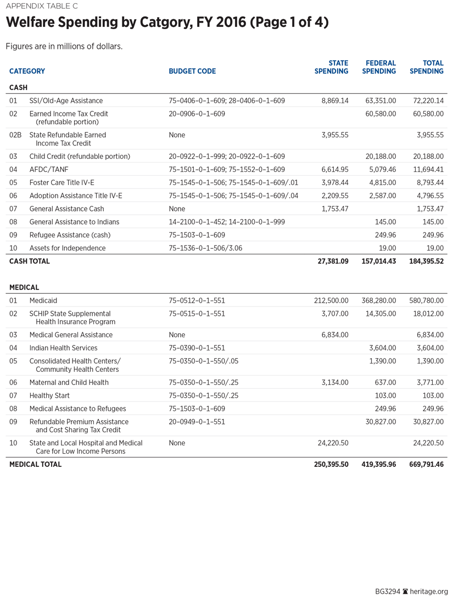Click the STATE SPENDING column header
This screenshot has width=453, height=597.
[331, 67]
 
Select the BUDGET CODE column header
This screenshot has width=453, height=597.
[192, 71]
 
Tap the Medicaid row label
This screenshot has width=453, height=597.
[43, 300]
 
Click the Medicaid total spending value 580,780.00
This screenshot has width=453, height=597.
[427, 300]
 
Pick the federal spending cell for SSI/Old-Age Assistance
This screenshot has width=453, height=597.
[380, 101]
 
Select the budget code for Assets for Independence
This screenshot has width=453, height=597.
[205, 248]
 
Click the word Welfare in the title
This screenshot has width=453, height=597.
[33, 23]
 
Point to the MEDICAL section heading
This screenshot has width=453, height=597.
[24, 287]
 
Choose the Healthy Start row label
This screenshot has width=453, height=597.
[51, 395]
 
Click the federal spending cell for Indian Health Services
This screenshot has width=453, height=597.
[383, 348]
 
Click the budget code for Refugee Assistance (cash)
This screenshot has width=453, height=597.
[197, 235]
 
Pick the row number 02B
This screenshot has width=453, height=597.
[15, 135]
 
